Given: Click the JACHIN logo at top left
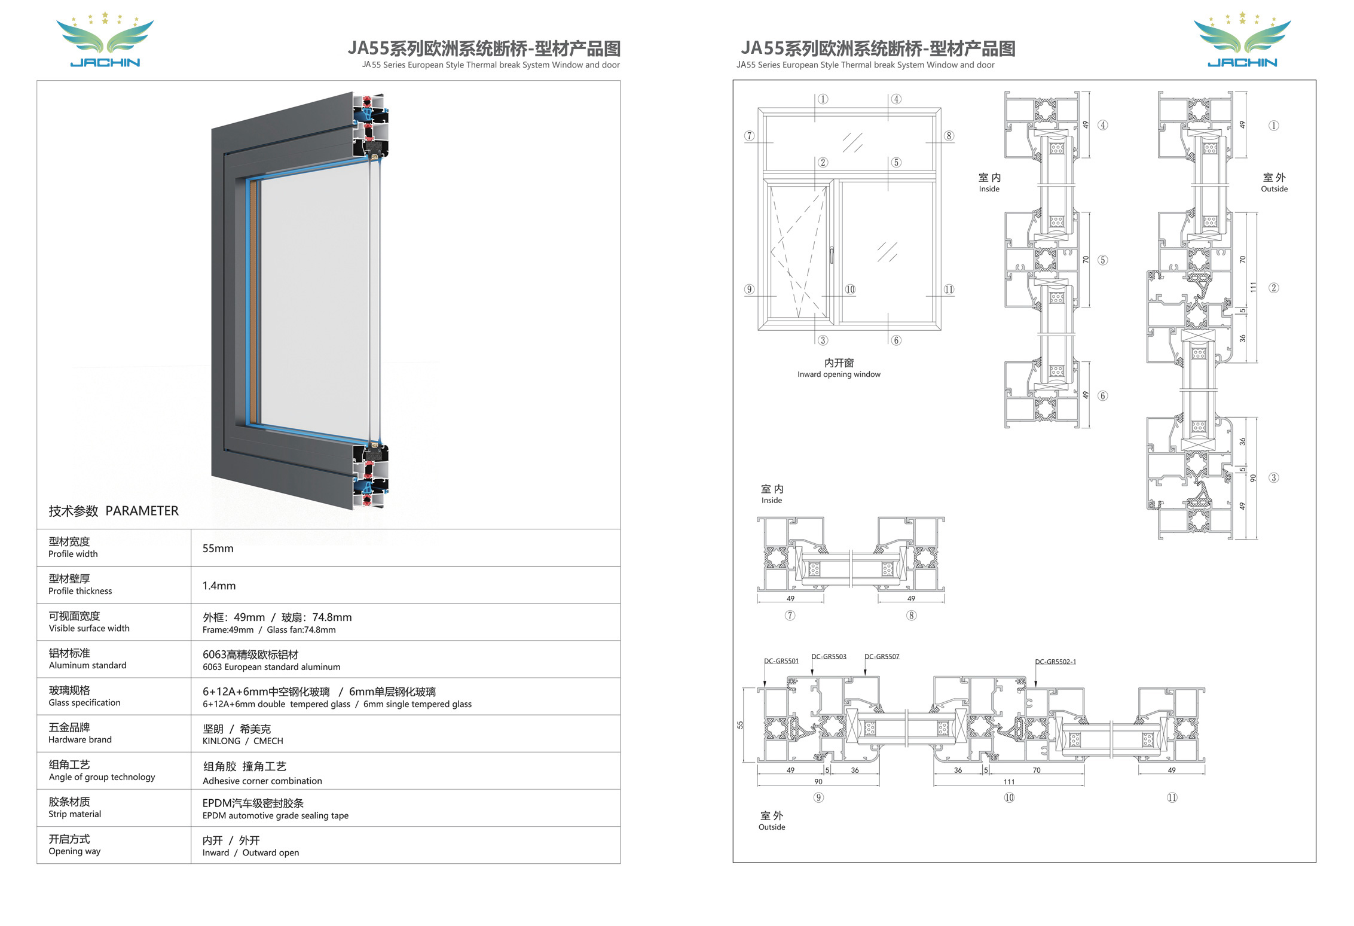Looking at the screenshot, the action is (x=105, y=39).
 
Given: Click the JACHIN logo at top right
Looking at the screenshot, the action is (x=1242, y=39).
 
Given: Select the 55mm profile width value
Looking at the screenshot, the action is (x=218, y=549).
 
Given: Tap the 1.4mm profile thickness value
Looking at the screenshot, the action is (x=219, y=586).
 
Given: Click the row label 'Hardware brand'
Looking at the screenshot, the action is (x=80, y=740).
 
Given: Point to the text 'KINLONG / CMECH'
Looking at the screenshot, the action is (x=243, y=741).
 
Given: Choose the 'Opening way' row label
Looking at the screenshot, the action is (x=75, y=852).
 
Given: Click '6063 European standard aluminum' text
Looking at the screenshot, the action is (x=271, y=667).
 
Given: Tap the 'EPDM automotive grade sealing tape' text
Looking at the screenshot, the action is (x=276, y=816).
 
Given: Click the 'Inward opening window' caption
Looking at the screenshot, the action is (x=839, y=374).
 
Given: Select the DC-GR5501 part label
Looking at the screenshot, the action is (x=781, y=661).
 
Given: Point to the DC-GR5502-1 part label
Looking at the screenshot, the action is (x=1056, y=662).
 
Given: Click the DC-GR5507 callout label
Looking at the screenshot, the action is (x=882, y=657).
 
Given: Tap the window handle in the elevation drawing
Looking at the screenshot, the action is (x=832, y=255).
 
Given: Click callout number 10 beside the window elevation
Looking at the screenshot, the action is (x=850, y=290).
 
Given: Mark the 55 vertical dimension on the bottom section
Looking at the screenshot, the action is (x=740, y=725).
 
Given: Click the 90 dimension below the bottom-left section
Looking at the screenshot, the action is (x=818, y=782).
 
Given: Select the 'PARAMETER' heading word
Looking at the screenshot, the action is (x=142, y=511).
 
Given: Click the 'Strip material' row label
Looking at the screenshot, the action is (x=75, y=814).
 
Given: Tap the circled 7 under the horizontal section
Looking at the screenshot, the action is (x=790, y=616).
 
